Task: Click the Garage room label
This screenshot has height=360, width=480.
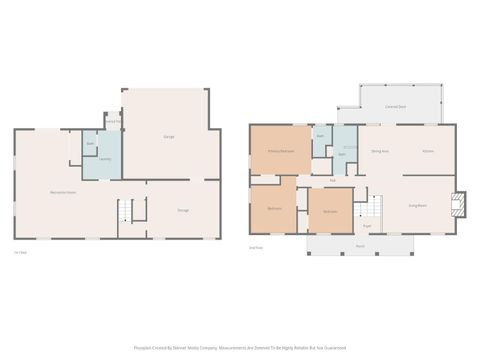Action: pyautogui.click(x=169, y=136)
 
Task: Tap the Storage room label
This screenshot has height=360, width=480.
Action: pyautogui.click(x=183, y=210)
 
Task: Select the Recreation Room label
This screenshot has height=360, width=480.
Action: pyautogui.click(x=64, y=191)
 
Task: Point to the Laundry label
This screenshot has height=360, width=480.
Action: pyautogui.click(x=105, y=159)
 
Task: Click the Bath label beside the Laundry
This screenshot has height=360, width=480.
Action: pyautogui.click(x=90, y=144)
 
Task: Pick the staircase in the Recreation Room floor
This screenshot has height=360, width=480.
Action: pyautogui.click(x=126, y=211)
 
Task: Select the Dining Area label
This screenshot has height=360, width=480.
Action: pyautogui.click(x=380, y=151)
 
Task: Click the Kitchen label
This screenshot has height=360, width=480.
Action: pyautogui.click(x=428, y=151)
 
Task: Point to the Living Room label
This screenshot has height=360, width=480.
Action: pyautogui.click(x=418, y=205)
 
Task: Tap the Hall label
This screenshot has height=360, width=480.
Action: pyautogui.click(x=332, y=180)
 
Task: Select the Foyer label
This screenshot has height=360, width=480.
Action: pyautogui.click(x=367, y=226)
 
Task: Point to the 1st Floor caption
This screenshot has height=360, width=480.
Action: pyautogui.click(x=20, y=252)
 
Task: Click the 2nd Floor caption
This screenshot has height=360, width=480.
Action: pyautogui.click(x=256, y=246)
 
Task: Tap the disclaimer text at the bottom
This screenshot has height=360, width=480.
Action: pyautogui.click(x=240, y=348)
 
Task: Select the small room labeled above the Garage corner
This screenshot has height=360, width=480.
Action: pyautogui.click(x=113, y=121)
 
